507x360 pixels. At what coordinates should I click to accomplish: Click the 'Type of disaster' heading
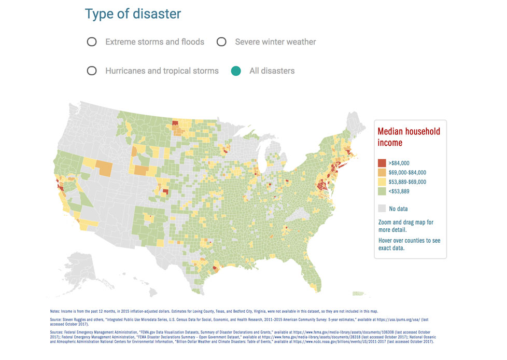pyautogui.click(x=133, y=14)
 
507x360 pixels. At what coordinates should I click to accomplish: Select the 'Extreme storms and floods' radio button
pyautogui.click(x=92, y=42)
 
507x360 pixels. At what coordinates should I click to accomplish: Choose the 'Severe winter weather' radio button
pyautogui.click(x=221, y=42)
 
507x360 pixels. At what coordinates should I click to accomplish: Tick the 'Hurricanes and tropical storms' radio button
pyautogui.click(x=92, y=71)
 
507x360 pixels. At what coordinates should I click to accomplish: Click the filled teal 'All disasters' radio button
pyautogui.click(x=236, y=71)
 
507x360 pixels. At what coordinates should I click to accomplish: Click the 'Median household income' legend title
pyautogui.click(x=409, y=137)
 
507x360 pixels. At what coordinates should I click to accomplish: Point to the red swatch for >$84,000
pyautogui.click(x=382, y=163)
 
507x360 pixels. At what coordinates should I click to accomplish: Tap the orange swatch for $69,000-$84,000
pyautogui.click(x=382, y=172)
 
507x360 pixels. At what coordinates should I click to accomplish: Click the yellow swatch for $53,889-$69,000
pyautogui.click(x=382, y=182)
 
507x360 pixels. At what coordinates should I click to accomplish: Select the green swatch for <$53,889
pyautogui.click(x=382, y=191)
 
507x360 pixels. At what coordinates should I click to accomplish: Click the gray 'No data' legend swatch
pyautogui.click(x=382, y=209)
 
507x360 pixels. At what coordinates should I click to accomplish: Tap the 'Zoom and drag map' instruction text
pyautogui.click(x=406, y=226)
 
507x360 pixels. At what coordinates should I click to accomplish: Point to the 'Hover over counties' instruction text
pyautogui.click(x=409, y=244)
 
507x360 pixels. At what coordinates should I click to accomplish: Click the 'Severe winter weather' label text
pyautogui.click(x=275, y=42)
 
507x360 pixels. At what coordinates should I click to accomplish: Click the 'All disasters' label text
pyautogui.click(x=272, y=71)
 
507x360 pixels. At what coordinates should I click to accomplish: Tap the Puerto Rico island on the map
pyautogui.click(x=358, y=294)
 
